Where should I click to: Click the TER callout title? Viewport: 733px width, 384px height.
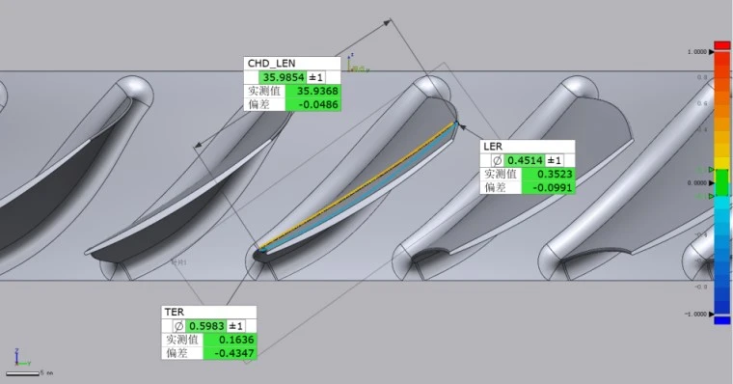coord(174,313)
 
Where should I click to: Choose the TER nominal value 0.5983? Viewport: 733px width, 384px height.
coord(204,326)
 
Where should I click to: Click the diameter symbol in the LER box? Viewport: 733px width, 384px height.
coord(498,160)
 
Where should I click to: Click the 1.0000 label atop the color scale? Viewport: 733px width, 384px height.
coord(697,51)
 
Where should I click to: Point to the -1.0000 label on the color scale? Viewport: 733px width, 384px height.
coord(696,314)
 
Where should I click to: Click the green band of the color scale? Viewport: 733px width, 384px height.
coord(721,179)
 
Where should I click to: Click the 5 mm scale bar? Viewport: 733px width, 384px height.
coord(26,372)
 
